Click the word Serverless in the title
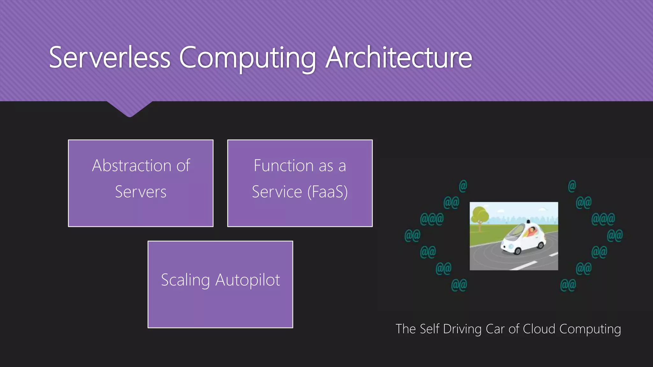tap(110, 57)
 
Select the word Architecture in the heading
tap(399, 57)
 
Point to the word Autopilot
tap(248, 280)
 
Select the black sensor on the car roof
tap(528, 221)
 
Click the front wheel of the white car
tap(518, 251)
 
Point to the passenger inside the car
tap(532, 231)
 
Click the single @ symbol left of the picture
tap(463, 186)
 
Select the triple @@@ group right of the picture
tap(603, 219)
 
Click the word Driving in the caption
tap(462, 329)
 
